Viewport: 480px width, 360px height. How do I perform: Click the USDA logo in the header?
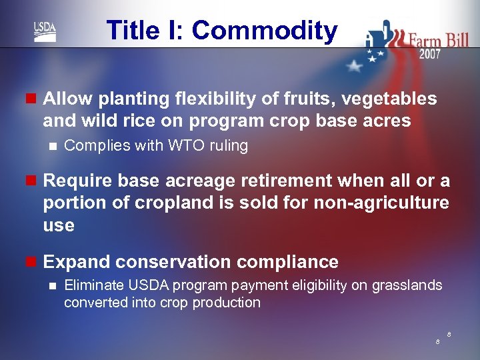(x=45, y=31)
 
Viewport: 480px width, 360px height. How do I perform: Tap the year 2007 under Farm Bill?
(x=429, y=54)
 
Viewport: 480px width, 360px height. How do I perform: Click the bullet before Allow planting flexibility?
(x=30, y=99)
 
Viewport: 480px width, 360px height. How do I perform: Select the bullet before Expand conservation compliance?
(x=30, y=262)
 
